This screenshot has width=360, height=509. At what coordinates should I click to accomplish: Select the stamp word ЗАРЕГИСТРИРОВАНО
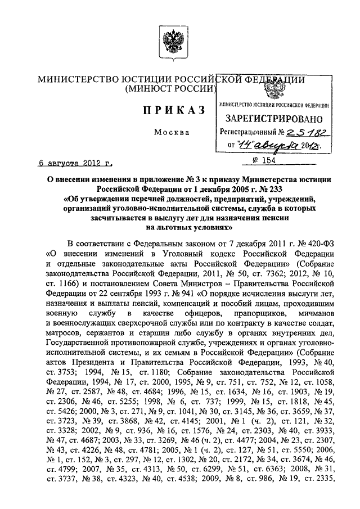[x=274, y=119]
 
